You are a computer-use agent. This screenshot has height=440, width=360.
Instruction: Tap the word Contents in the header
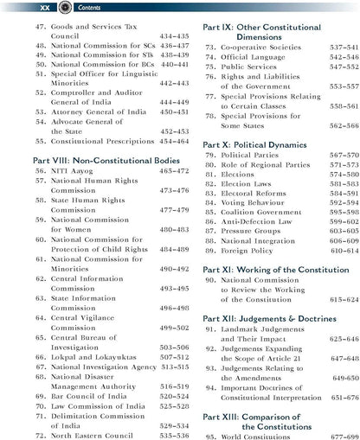[x=84, y=7]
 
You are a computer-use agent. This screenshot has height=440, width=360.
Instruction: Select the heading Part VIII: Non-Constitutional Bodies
[x=93, y=160]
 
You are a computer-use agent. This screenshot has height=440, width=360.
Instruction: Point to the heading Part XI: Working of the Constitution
[x=275, y=269]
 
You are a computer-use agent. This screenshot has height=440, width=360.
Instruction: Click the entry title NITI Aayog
[x=75, y=172]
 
